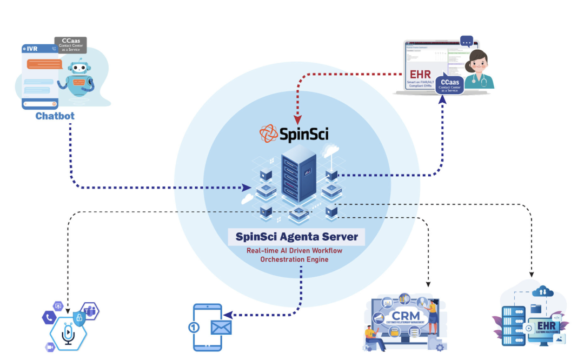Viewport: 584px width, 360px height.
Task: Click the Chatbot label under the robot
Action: (x=55, y=116)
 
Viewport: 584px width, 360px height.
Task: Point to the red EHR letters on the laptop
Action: (x=420, y=74)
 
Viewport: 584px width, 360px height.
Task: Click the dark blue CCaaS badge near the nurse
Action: (x=453, y=85)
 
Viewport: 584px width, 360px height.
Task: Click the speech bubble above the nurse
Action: (x=466, y=41)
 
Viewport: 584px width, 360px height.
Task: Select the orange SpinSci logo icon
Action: (x=268, y=133)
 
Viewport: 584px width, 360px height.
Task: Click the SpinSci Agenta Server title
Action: (x=296, y=237)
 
